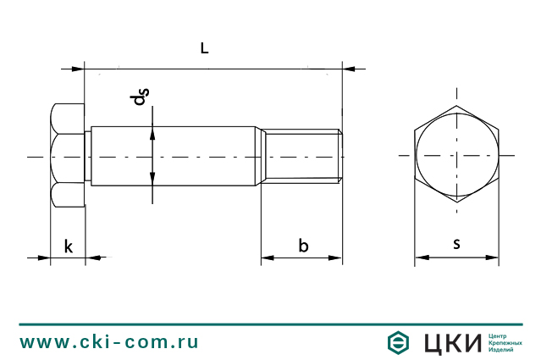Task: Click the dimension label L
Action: tap(204, 49)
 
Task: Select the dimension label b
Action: tap(303, 246)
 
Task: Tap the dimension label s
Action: tap(456, 244)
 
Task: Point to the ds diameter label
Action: tap(140, 98)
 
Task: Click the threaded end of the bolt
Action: tap(301, 156)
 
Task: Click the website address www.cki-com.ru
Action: tap(109, 342)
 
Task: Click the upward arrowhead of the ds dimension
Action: tap(152, 131)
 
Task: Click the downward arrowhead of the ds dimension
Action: tap(152, 179)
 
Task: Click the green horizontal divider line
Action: tap(270, 324)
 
